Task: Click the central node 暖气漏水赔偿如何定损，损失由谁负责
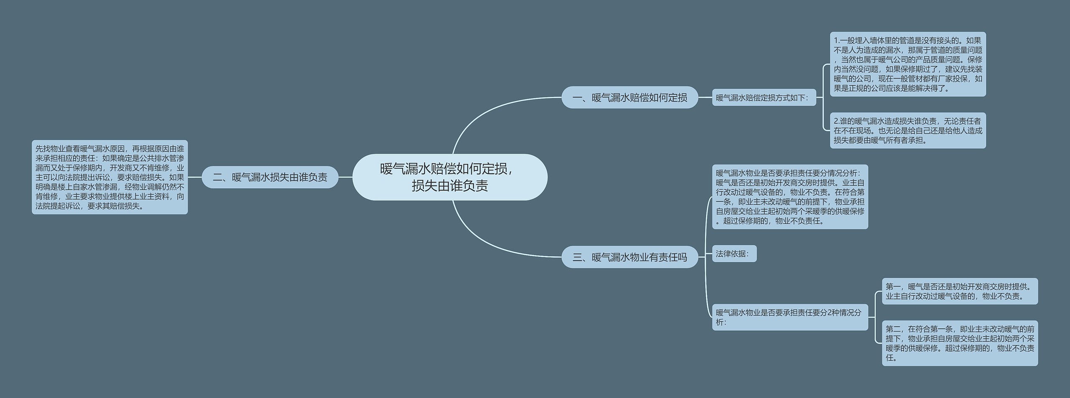pos(450,177)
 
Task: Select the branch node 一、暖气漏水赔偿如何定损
pos(629,98)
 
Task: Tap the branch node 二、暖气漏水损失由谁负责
pos(270,177)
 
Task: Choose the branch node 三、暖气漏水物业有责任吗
pos(629,257)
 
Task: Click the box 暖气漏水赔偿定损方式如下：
pos(764,98)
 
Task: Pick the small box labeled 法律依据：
pos(734,254)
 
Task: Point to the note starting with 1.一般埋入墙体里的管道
pos(907,64)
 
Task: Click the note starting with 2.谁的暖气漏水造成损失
pos(907,130)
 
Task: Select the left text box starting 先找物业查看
pos(110,177)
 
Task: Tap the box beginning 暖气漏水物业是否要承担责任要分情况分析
pos(790,197)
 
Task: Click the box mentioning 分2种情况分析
pos(790,317)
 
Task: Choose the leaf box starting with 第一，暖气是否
pos(960,291)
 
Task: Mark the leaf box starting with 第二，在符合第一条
pos(960,343)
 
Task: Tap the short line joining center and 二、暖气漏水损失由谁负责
pos(345,177)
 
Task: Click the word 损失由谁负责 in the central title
pos(450,185)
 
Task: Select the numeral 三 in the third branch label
pos(577,257)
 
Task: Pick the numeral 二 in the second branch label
pos(217,177)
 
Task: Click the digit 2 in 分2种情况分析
pos(830,313)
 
